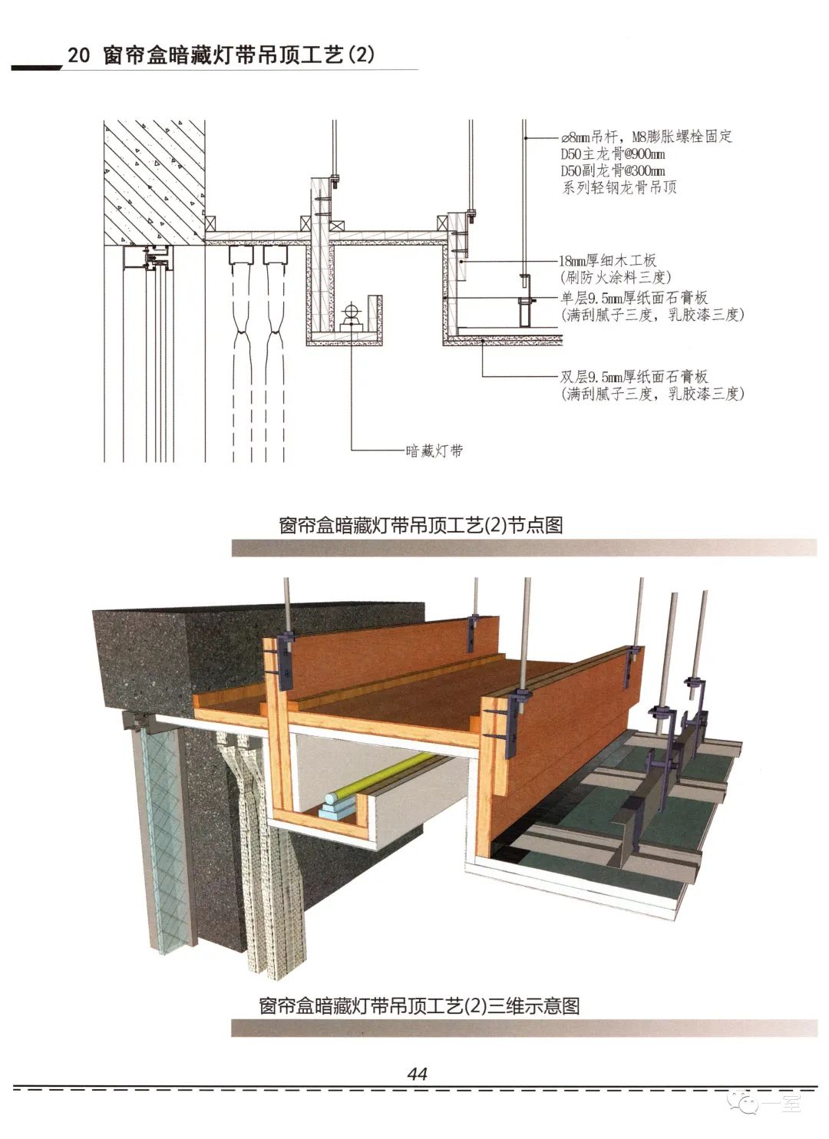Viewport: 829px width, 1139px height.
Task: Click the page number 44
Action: [x=418, y=1073]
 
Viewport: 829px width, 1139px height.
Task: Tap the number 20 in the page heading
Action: [x=78, y=56]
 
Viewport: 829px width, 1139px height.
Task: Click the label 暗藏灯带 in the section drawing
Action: [x=434, y=451]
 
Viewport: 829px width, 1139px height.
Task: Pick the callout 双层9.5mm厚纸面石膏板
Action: [x=634, y=377]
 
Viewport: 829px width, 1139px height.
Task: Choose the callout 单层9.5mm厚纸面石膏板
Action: [x=634, y=298]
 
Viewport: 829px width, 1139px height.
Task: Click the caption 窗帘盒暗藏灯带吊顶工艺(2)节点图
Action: [x=421, y=525]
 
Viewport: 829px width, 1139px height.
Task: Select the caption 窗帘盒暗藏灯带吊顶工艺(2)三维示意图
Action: [x=419, y=1005]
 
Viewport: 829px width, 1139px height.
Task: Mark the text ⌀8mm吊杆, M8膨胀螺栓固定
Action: [x=646, y=137]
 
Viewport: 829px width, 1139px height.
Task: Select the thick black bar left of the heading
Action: [x=36, y=68]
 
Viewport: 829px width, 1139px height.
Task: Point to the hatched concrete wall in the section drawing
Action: [x=154, y=177]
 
